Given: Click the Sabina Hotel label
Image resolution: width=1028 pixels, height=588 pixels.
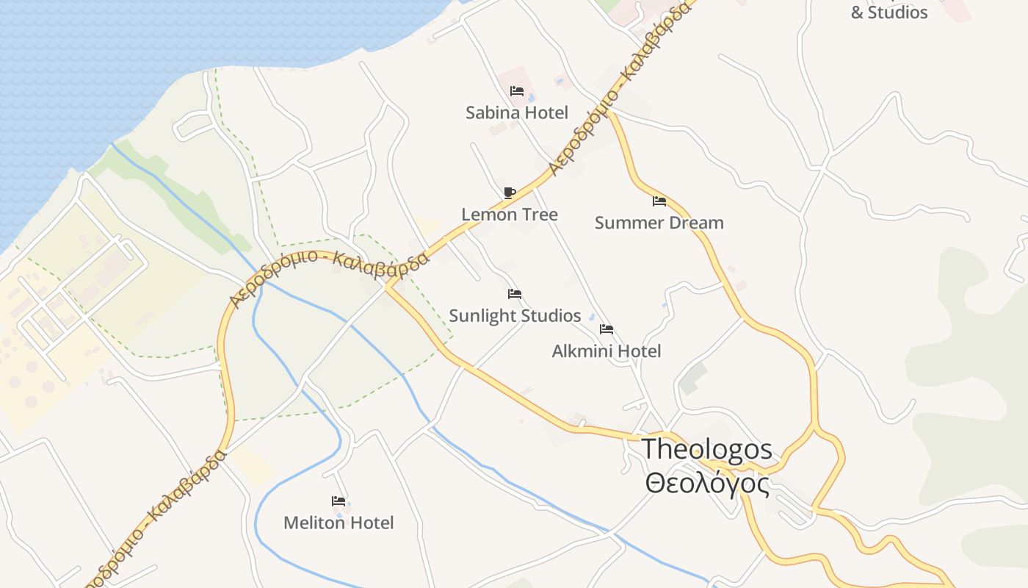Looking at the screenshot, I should (x=517, y=112).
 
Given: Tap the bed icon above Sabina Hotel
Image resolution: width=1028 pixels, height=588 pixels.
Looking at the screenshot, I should (x=517, y=91).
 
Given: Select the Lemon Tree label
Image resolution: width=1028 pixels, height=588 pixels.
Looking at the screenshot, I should (x=510, y=215).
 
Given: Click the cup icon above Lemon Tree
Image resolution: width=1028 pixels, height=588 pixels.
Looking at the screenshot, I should (x=510, y=193).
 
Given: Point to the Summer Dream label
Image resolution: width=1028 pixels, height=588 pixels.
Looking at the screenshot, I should (x=659, y=223).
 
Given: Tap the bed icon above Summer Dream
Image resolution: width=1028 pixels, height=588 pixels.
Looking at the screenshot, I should (x=659, y=201).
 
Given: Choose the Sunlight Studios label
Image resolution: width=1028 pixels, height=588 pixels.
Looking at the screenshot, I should (x=515, y=316).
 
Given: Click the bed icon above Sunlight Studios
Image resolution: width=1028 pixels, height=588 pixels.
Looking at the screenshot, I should (x=515, y=294).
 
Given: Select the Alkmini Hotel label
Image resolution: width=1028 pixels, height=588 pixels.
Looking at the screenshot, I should (x=607, y=351).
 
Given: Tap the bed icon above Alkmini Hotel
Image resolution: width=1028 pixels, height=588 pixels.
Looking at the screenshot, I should (x=607, y=329).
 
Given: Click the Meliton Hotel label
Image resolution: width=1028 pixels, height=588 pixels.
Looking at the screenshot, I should (x=339, y=523).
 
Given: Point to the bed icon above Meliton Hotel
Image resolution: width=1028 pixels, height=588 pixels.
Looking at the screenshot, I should (x=339, y=501).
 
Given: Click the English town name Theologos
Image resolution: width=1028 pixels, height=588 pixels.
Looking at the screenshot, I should (x=707, y=449).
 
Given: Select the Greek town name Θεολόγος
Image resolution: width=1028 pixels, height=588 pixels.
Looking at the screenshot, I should (x=707, y=484).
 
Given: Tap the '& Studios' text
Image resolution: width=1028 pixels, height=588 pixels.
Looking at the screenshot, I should (x=889, y=12).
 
